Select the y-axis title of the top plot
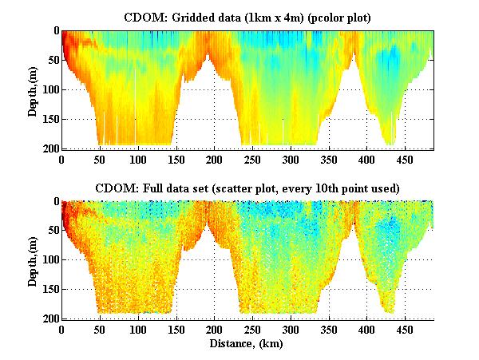tap(33, 89)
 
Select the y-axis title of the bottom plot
tap(33, 260)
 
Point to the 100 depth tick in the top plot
tap(51, 89)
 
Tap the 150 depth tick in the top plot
tap(51, 119)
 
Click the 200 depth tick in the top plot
tap(51, 148)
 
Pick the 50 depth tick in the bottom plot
tap(53, 231)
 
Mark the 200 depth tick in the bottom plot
tap(51, 318)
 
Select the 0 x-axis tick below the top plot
tap(62, 158)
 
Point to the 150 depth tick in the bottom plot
tap(51, 289)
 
